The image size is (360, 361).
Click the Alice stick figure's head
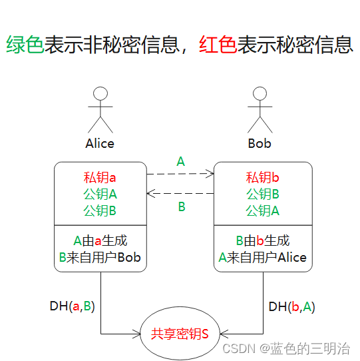[100, 93]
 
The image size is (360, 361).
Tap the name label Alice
[100, 143]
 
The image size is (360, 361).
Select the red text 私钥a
[100, 178]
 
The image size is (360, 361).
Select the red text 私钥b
[263, 178]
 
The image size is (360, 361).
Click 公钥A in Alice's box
[100, 194]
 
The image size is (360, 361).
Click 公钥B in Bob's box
[263, 194]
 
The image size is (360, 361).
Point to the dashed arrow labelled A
[180, 174]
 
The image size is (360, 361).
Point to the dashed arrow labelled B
[180, 194]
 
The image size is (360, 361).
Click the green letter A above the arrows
[180, 161]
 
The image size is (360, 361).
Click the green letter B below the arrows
[181, 207]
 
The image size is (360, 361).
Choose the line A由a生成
[100, 240]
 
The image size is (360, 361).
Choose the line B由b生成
[263, 240]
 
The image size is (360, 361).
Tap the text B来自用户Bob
[100, 257]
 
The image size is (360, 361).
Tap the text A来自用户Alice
[263, 257]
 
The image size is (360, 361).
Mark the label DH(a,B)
[72, 306]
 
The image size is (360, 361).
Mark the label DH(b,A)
[291, 306]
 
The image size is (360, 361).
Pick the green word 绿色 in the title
[25, 45]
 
